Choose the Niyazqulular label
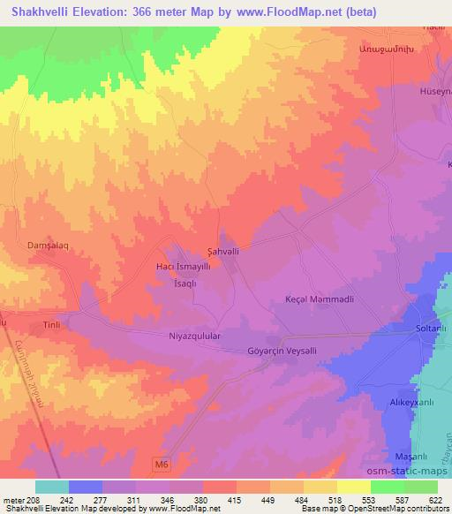pyautogui.click(x=187, y=336)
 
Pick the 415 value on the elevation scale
pyautogui.click(x=236, y=499)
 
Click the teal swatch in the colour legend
pyautogui.click(x=51, y=487)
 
